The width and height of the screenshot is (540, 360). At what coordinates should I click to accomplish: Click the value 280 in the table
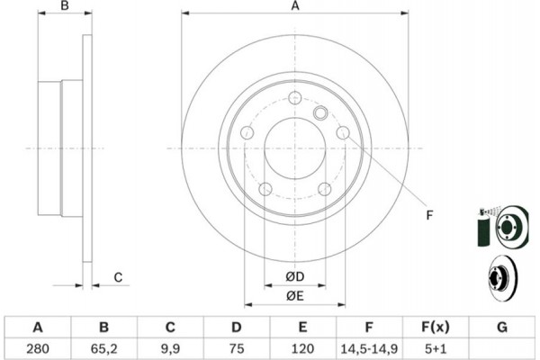coord(38,346)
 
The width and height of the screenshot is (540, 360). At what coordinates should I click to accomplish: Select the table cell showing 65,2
coord(104,346)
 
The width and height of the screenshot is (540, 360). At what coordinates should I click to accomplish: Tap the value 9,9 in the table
coord(170,346)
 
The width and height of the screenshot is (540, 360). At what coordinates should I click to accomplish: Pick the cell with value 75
coord(237,346)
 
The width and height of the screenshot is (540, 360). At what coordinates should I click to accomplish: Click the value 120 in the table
coord(303,346)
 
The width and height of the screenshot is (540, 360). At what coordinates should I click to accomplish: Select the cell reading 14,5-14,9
coord(370,346)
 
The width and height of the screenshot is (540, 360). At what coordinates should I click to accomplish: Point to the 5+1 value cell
coord(436,346)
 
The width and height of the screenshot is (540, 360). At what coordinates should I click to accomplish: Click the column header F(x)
coord(436,326)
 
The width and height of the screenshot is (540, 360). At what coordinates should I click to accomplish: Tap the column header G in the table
coord(502,326)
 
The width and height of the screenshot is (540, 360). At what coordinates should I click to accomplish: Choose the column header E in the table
coord(303,326)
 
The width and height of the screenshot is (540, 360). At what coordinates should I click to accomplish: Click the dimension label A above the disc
coord(294,7)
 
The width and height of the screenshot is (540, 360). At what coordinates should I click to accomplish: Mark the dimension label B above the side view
coord(64,7)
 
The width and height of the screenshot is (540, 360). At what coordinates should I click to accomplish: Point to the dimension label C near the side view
coord(117,276)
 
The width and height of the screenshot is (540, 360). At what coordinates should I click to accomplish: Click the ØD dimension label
coord(294,275)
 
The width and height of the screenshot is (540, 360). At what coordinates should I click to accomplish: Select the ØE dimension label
coord(294,296)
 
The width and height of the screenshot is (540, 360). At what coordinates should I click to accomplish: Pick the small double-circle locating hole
coord(319,113)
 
